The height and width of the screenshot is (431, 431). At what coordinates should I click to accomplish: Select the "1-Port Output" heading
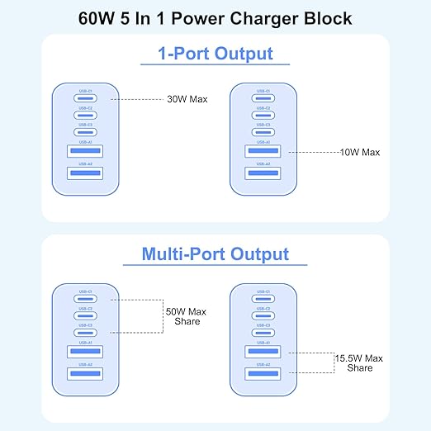pyautogui.click(x=215, y=54)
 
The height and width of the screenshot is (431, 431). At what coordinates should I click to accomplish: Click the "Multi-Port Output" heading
pyautogui.click(x=215, y=253)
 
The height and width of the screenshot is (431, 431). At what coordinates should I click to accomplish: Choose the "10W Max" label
pyautogui.click(x=359, y=152)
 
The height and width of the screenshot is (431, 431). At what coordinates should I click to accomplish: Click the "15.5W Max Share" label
pyautogui.click(x=359, y=362)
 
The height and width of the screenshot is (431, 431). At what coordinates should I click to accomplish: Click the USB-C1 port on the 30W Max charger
pyautogui.click(x=85, y=99)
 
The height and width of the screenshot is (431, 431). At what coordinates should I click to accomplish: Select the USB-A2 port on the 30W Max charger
pyautogui.click(x=85, y=172)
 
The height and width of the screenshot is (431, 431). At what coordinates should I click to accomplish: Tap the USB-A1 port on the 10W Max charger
pyautogui.click(x=262, y=152)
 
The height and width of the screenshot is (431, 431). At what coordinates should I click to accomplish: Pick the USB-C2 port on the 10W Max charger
pyautogui.click(x=262, y=116)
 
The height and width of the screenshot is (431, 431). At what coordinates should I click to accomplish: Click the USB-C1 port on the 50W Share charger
pyautogui.click(x=85, y=299)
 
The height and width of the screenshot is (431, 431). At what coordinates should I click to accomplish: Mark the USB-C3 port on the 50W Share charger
pyautogui.click(x=85, y=333)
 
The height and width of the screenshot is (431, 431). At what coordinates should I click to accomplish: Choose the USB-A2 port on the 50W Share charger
pyautogui.click(x=85, y=374)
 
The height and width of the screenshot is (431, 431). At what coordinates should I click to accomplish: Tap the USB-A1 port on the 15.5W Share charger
pyautogui.click(x=262, y=353)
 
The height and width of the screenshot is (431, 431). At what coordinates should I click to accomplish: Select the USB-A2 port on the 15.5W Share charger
pyautogui.click(x=262, y=374)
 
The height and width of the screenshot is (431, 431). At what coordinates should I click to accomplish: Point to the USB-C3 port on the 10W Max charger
pyautogui.click(x=262, y=132)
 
